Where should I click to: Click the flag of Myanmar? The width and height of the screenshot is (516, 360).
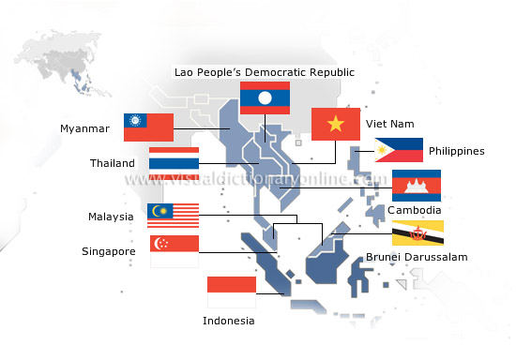[148, 127]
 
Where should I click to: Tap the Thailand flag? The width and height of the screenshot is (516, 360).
[174, 163]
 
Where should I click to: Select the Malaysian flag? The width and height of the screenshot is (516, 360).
[173, 217]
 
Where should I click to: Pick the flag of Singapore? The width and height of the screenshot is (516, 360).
[175, 251]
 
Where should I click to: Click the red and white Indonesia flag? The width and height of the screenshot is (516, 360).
[231, 292]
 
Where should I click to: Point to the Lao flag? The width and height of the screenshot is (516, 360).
[264, 97]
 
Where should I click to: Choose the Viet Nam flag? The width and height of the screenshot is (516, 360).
[336, 124]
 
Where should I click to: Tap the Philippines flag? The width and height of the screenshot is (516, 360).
[398, 150]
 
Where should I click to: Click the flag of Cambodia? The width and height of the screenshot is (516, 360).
[417, 185]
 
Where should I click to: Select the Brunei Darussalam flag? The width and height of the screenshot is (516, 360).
[417, 232]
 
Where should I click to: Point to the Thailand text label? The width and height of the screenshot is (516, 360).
[113, 163]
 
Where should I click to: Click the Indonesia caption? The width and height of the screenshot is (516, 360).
[228, 321]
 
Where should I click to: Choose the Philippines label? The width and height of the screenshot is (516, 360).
[456, 151]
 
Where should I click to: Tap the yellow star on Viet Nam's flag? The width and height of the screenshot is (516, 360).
[336, 124]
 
